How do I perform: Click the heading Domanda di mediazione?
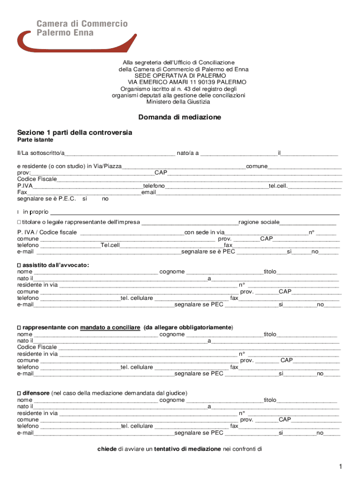(180, 117)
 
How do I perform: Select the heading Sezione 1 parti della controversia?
(75, 132)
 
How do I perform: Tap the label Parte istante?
(35, 140)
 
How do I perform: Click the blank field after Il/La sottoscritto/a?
(120, 153)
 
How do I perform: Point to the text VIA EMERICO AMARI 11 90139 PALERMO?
(180, 82)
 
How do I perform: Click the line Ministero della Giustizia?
(178, 102)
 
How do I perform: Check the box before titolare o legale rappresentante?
(19, 222)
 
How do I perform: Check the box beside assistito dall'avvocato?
(19, 265)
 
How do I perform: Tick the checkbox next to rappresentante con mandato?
(19, 327)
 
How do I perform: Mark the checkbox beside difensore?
(19, 393)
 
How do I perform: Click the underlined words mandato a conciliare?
(110, 327)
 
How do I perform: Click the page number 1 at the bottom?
(342, 467)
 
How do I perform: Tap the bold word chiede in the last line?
(107, 449)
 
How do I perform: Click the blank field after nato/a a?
(238, 153)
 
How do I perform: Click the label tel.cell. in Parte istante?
(278, 186)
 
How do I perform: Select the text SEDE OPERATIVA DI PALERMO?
(180, 75)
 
